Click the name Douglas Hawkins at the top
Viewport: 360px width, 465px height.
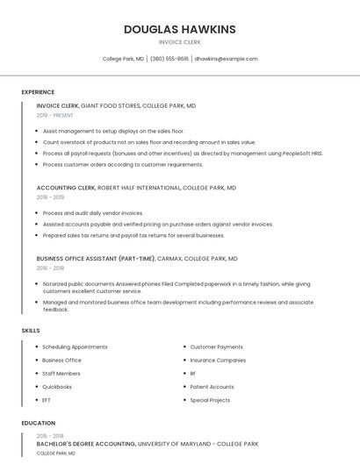(x=179, y=29)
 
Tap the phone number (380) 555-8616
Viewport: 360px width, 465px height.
(x=169, y=59)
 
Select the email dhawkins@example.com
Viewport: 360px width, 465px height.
(x=226, y=59)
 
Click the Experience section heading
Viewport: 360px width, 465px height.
(x=38, y=92)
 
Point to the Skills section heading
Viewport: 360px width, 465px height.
(x=31, y=330)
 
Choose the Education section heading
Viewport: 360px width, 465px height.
(x=39, y=423)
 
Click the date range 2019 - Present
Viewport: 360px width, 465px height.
(x=55, y=115)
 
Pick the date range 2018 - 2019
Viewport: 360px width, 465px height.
(x=52, y=197)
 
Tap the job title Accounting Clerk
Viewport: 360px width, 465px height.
(x=66, y=188)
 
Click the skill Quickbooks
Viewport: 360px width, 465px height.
(x=57, y=387)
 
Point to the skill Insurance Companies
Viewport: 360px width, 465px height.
(x=218, y=361)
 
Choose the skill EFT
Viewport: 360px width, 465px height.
(x=47, y=400)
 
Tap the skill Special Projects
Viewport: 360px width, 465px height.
(x=210, y=400)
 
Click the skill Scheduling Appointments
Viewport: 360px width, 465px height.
(x=75, y=347)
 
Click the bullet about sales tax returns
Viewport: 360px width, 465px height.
(x=133, y=235)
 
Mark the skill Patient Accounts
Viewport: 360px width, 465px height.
(x=212, y=387)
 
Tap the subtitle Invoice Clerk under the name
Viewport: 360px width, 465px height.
(x=179, y=42)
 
